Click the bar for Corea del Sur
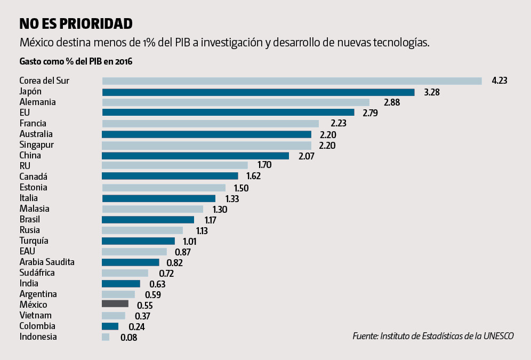pyautogui.click(x=292, y=81)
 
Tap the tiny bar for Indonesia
pyautogui.click(x=106, y=337)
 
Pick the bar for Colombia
pyautogui.click(x=110, y=326)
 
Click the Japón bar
pyautogui.click(x=258, y=92)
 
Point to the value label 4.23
pyautogui.click(x=500, y=81)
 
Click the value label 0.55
pyautogui.click(x=146, y=305)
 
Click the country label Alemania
pyautogui.click(x=38, y=102)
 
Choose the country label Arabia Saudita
pyautogui.click(x=47, y=262)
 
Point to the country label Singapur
pyautogui.click(x=37, y=145)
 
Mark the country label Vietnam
pyautogui.click(x=36, y=315)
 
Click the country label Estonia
pyautogui.click(x=34, y=187)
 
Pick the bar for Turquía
pyautogui.click(x=138, y=241)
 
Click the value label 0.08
pyautogui.click(x=129, y=337)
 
